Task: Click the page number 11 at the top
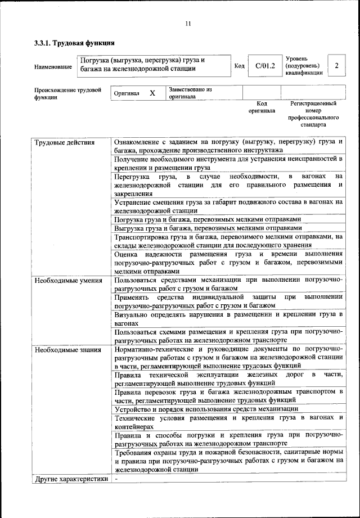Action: coord(188,23)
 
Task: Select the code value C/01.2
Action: coord(264,66)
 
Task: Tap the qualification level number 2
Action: coord(336,66)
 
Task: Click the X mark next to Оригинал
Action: coord(152,93)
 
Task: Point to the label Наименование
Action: coord(53,67)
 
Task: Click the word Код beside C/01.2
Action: coord(239,66)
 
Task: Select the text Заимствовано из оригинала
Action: coord(190,93)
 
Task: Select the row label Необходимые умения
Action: coord(68,280)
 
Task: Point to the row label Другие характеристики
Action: coord(71,479)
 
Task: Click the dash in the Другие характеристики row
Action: coord(116,479)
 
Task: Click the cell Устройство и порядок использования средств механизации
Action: coord(206,408)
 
